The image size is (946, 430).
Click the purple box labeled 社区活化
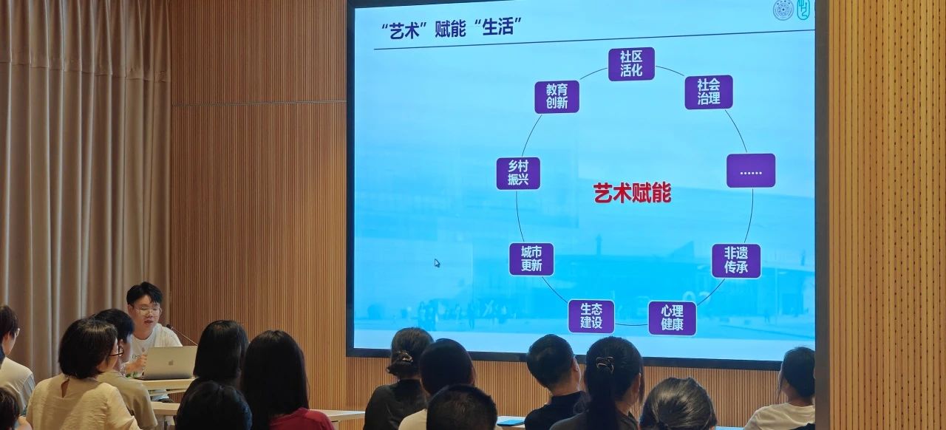631,64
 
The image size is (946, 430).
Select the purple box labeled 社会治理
709,92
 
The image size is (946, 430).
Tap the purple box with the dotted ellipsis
751,171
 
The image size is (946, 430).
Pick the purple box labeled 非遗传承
736,261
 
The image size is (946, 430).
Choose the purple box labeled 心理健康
672,318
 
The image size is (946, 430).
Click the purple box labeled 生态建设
591,316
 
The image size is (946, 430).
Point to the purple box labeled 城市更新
531,259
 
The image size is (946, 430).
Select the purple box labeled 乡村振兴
518,174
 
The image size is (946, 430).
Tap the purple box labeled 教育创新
557,97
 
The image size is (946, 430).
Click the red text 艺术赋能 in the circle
632,194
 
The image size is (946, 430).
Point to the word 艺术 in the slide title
404,31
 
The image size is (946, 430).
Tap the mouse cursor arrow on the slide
437,263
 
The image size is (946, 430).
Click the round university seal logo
783,10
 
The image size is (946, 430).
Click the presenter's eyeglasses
147,312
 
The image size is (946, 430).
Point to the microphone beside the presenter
181,335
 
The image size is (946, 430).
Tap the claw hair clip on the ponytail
605,364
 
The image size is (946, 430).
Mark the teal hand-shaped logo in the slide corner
803,10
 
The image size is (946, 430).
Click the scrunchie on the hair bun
401,358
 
